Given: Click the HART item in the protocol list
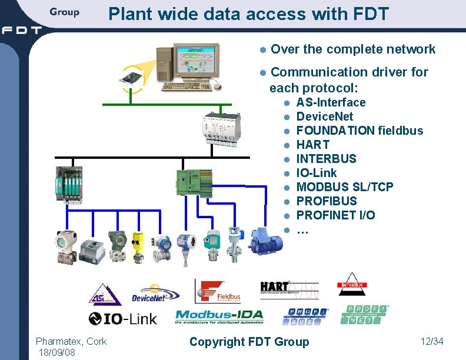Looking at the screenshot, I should tap(312, 145).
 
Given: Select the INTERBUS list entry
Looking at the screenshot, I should tap(326, 159).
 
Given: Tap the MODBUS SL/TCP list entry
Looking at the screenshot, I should tap(345, 187).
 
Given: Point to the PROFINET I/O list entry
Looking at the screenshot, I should tap(335, 215).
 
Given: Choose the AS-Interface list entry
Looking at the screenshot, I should tap(331, 102).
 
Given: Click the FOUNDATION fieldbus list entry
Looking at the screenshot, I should tap(360, 131).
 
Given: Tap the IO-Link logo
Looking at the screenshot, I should tap(123, 319).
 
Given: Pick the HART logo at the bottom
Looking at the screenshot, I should tap(289, 289).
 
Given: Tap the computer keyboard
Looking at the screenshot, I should tap(187, 86).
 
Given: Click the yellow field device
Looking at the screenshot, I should tap(138, 246).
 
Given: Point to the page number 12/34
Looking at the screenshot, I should tap(431, 341).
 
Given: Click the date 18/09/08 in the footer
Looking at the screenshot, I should tap(56, 352).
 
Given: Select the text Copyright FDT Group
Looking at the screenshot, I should tap(249, 342).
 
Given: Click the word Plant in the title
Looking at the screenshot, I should tap(127, 14).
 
